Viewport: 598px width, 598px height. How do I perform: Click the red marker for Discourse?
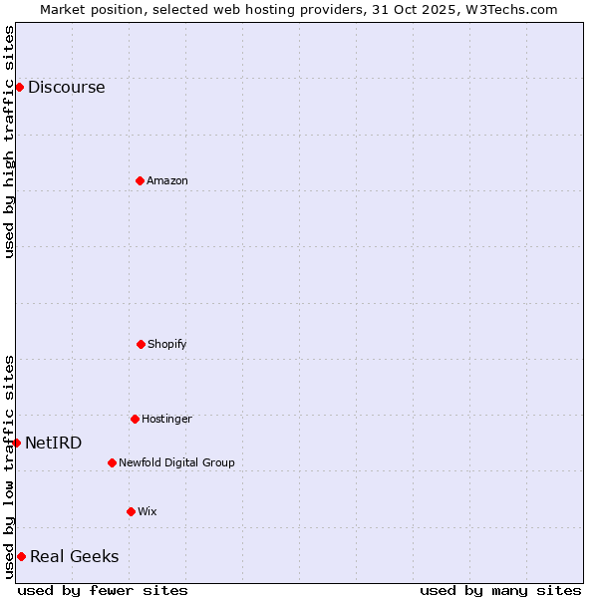point(19,87)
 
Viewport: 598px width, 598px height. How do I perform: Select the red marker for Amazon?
point(140,180)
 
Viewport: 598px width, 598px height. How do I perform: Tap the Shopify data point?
point(141,344)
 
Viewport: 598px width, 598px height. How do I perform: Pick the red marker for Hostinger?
point(135,419)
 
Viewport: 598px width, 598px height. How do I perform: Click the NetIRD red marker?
point(16,443)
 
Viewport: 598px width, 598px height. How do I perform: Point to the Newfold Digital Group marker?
point(112,462)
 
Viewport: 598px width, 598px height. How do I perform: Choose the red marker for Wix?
point(131,511)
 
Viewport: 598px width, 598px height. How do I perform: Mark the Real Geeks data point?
point(21,556)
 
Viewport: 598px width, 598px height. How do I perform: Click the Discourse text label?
point(66,87)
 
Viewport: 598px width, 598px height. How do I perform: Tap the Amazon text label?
point(167,180)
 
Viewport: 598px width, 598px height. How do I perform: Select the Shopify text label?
point(167,344)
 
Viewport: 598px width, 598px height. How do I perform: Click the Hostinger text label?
point(166,419)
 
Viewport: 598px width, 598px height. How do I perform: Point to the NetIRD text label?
point(54,443)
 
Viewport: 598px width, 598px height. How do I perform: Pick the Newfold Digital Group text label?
point(176,462)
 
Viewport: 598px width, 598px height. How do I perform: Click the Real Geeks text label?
point(74,556)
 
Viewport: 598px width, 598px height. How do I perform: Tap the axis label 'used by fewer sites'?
point(103,590)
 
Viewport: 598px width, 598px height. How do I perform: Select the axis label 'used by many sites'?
point(500,590)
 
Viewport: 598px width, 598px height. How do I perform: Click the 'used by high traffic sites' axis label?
point(9,142)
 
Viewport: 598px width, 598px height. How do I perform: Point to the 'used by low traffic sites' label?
point(9,466)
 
